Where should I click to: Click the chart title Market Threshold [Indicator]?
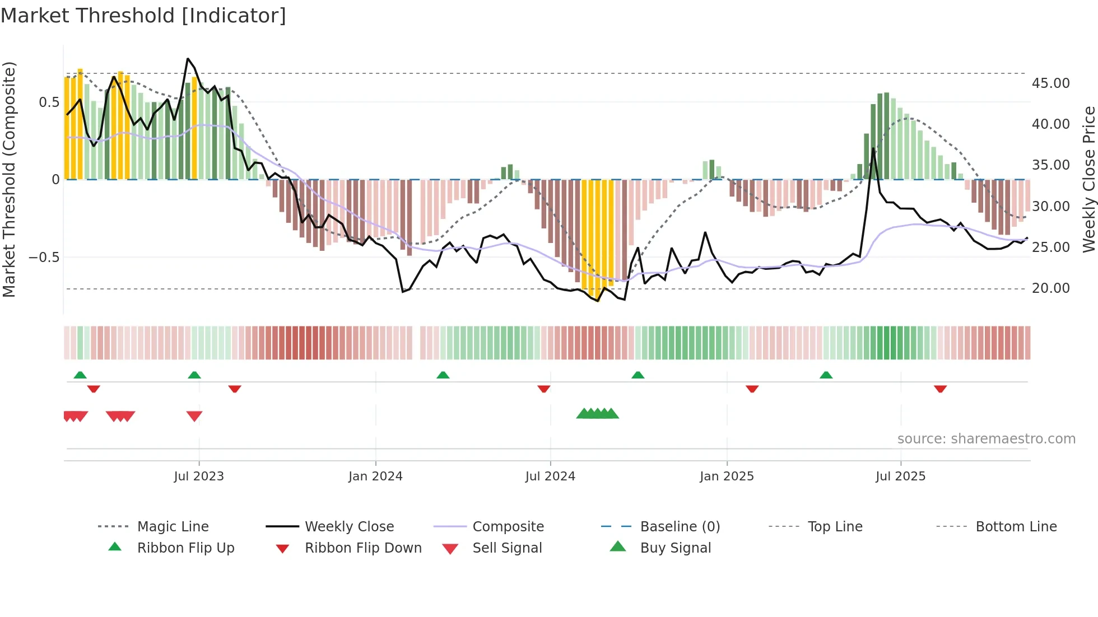[143, 16]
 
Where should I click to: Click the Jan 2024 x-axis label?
[375, 476]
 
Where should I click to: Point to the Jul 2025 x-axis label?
[900, 476]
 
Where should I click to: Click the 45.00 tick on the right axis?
[1050, 83]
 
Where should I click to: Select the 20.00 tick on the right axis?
[1050, 288]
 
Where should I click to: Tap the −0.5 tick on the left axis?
[44, 258]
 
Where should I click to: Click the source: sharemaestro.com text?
[986, 439]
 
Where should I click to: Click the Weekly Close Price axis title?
[1088, 179]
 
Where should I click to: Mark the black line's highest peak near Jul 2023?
[188, 59]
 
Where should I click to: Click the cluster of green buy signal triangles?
[597, 414]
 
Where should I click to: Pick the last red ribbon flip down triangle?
[940, 389]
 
